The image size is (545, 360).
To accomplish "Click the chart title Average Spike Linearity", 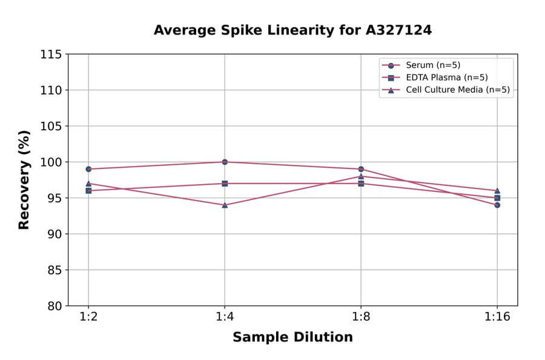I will pyautogui.click(x=292, y=30).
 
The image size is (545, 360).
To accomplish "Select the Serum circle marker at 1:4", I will pyautogui.click(x=225, y=162).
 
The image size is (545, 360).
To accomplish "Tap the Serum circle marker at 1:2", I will pyautogui.click(x=88, y=169).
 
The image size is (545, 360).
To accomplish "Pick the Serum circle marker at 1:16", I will pyautogui.click(x=497, y=205).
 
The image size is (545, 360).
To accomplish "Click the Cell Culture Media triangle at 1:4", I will pyautogui.click(x=225, y=205).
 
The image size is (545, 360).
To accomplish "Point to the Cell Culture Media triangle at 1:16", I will pyautogui.click(x=497, y=191).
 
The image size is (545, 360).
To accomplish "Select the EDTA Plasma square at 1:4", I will pyautogui.click(x=225, y=184).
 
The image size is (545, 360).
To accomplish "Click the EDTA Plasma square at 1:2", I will pyautogui.click(x=88, y=190).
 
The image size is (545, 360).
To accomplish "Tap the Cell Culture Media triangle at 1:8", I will pyautogui.click(x=361, y=176).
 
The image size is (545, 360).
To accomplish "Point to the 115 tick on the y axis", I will pyautogui.click(x=51, y=55).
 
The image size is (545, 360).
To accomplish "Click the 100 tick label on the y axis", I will pyautogui.click(x=51, y=162).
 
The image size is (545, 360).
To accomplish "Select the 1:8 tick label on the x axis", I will pyautogui.click(x=361, y=317).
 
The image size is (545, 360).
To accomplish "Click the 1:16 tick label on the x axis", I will pyautogui.click(x=497, y=317).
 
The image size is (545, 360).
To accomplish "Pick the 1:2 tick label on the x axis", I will pyautogui.click(x=88, y=317).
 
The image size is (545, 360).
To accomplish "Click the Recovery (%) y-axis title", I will pyautogui.click(x=24, y=180).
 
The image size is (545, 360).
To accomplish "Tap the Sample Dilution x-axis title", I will pyautogui.click(x=292, y=338).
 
